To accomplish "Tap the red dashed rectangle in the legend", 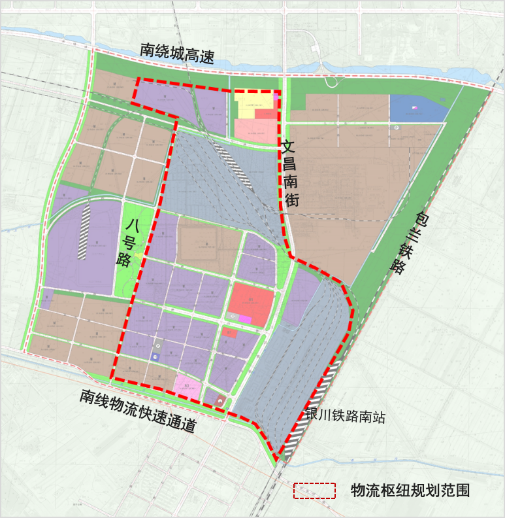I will (x=314, y=491).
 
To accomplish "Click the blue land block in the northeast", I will (x=416, y=108).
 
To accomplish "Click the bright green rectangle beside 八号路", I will (x=134, y=249).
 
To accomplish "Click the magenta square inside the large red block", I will (x=245, y=319).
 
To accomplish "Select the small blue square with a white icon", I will (x=155, y=356).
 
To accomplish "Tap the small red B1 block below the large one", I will (x=229, y=332).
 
